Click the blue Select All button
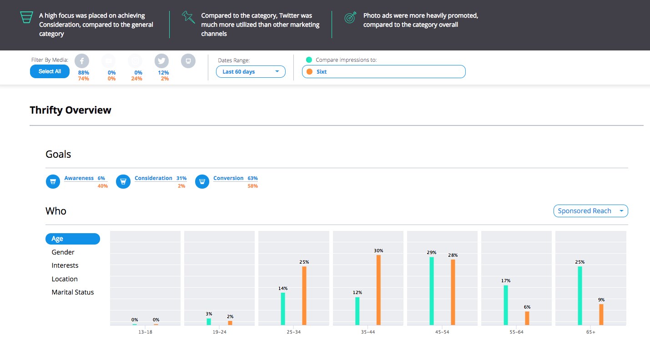pyautogui.click(x=50, y=71)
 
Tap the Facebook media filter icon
pyautogui.click(x=82, y=61)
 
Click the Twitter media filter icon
pyautogui.click(x=161, y=61)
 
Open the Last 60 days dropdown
pyautogui.click(x=251, y=72)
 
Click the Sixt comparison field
pyautogui.click(x=383, y=72)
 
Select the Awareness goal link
pyautogui.click(x=79, y=178)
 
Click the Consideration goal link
pyautogui.click(x=153, y=178)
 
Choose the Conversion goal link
pyautogui.click(x=228, y=178)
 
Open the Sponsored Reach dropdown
pyautogui.click(x=590, y=211)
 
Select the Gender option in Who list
pyautogui.click(x=63, y=252)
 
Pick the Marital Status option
pyautogui.click(x=73, y=292)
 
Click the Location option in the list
pyautogui.click(x=65, y=279)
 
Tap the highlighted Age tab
pyautogui.click(x=73, y=239)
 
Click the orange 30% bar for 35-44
pyautogui.click(x=378, y=290)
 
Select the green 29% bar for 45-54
pyautogui.click(x=432, y=291)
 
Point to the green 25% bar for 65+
pyautogui.click(x=580, y=295)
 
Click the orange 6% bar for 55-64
pyautogui.click(x=527, y=318)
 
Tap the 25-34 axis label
pyautogui.click(x=293, y=332)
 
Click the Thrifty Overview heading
pyautogui.click(x=71, y=110)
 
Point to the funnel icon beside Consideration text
pyautogui.click(x=27, y=18)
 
